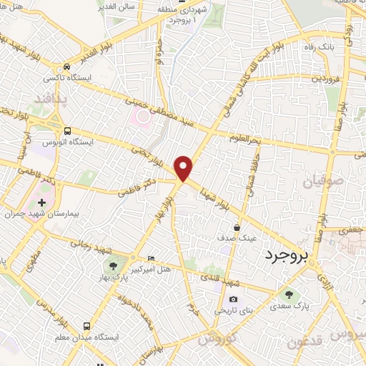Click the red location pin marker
[184, 167]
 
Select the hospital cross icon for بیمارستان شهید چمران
[41, 204]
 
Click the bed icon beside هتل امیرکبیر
[149, 258]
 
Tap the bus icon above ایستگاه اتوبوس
[67, 132]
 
